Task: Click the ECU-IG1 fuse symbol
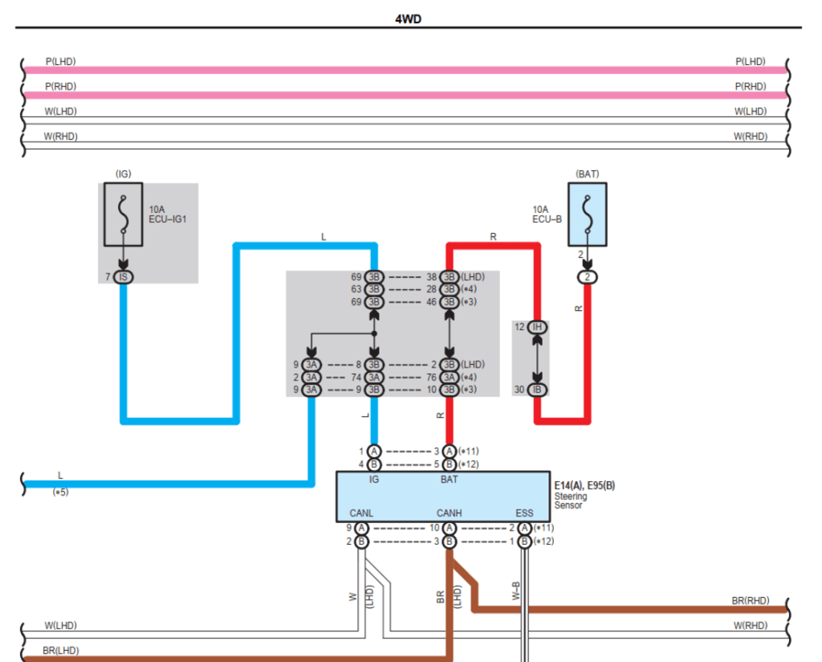123,215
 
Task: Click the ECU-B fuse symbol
587,214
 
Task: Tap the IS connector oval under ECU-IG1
123,276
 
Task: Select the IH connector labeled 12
538,327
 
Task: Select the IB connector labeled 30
538,390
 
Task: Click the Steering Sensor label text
571,501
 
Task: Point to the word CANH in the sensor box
449,513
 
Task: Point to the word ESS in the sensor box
523,513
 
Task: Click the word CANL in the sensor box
361,513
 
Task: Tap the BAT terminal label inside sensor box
450,479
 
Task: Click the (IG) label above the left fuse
123,174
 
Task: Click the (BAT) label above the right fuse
587,174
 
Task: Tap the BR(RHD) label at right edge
750,600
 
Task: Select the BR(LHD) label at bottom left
61,651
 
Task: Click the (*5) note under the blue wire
61,492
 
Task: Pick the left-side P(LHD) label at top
61,61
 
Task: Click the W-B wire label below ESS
515,593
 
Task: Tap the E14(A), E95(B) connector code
584,486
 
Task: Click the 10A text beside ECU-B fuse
540,209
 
